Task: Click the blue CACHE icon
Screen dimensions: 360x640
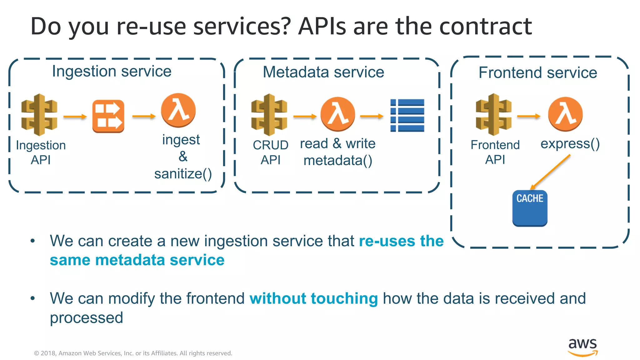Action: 530,208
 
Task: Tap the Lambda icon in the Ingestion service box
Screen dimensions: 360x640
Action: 178,110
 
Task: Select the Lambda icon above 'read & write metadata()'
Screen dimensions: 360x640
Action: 337,114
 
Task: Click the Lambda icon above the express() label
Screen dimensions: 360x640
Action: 565,114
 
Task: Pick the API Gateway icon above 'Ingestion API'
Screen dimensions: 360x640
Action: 39,115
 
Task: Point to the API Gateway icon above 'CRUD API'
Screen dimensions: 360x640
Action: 269,115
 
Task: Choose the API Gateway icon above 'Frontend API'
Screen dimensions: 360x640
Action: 493,114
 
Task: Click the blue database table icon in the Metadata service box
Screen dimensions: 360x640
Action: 407,115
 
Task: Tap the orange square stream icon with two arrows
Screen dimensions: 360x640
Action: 108,116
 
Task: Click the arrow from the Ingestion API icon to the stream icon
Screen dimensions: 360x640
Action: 75,117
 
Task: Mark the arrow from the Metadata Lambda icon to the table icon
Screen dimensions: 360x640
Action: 372,116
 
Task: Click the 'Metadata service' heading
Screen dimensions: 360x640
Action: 323,72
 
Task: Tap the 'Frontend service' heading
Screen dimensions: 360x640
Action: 537,73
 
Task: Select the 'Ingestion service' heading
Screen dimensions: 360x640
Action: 112,71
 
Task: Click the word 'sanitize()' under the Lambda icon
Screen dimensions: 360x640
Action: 183,174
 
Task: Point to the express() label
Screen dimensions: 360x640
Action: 570,144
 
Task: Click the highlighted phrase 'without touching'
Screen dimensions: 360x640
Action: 313,298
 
